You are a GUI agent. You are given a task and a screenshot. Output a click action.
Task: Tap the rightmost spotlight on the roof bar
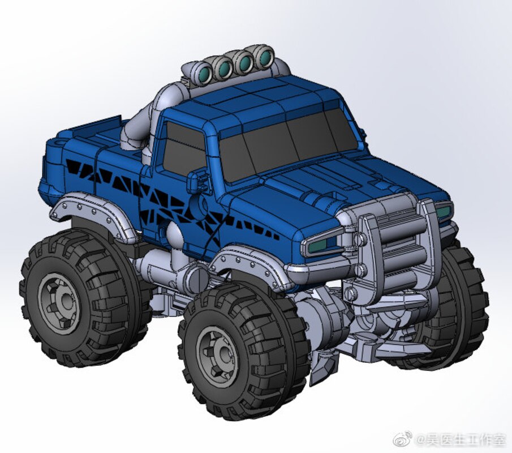[x=263, y=58]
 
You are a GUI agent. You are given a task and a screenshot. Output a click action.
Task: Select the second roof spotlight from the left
[x=223, y=67]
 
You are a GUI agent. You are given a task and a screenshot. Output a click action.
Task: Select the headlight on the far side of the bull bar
[x=444, y=211]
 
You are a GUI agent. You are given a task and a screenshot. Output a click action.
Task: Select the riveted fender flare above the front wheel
[x=249, y=260]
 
